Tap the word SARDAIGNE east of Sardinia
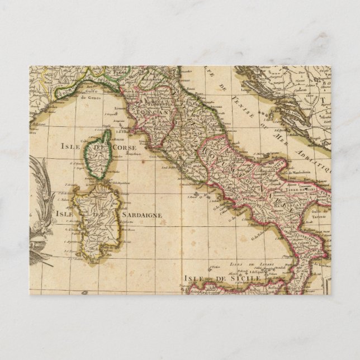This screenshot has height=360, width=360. point(141,214)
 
